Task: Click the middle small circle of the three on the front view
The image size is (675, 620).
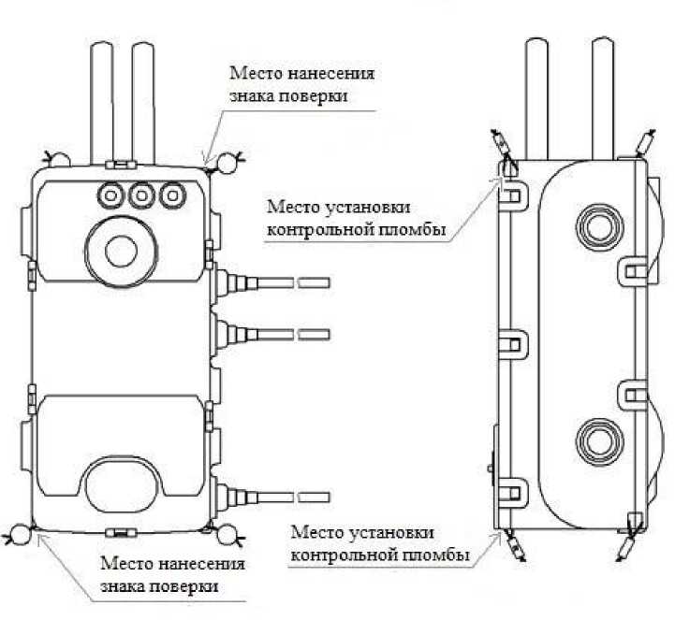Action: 142,195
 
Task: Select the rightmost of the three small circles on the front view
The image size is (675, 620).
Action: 171,195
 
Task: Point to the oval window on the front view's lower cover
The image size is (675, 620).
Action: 122,481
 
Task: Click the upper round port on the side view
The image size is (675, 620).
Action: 599,224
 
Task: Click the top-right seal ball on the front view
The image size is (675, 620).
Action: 226,165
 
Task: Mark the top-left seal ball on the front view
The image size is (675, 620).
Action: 56,159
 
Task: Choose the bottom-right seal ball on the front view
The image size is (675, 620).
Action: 225,535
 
